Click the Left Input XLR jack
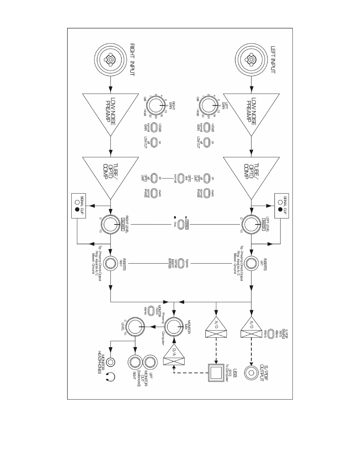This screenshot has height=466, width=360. pos(251,59)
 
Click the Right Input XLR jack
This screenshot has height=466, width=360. pos(110,59)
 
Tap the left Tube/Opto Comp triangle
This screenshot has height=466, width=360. pos(251,175)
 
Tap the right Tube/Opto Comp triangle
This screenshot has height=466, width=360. pos(110,175)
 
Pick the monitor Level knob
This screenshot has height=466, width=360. pos(135,327)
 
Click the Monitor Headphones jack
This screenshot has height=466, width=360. pos(110,362)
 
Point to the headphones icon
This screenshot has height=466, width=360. pos(110,376)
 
